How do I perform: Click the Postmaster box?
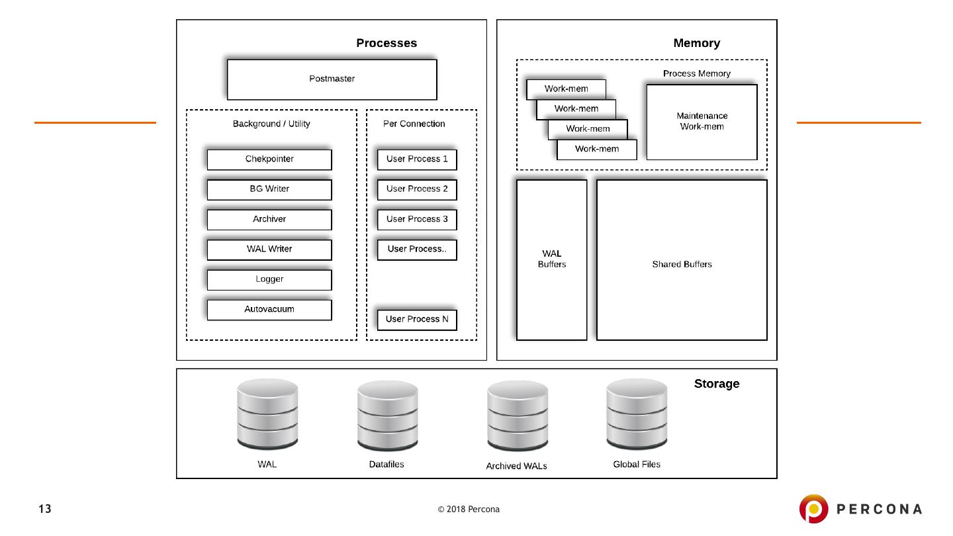(x=332, y=79)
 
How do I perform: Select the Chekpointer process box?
(x=269, y=159)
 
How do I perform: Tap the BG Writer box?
(x=269, y=189)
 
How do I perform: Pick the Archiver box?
(x=269, y=220)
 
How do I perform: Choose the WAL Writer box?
(x=269, y=249)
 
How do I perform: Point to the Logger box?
(x=269, y=280)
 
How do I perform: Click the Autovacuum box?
(x=269, y=310)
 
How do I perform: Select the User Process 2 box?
(x=417, y=189)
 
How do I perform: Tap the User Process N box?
(x=417, y=320)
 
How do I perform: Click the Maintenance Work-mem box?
(x=702, y=122)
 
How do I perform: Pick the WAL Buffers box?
(x=551, y=259)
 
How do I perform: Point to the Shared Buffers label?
(x=682, y=265)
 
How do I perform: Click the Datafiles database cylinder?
(x=387, y=415)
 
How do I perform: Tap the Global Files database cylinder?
(x=637, y=414)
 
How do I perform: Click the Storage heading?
(x=716, y=384)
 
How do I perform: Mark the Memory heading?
(x=696, y=44)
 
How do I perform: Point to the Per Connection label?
(x=414, y=124)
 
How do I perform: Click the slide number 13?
(x=44, y=509)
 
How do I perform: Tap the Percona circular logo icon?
(x=813, y=508)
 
